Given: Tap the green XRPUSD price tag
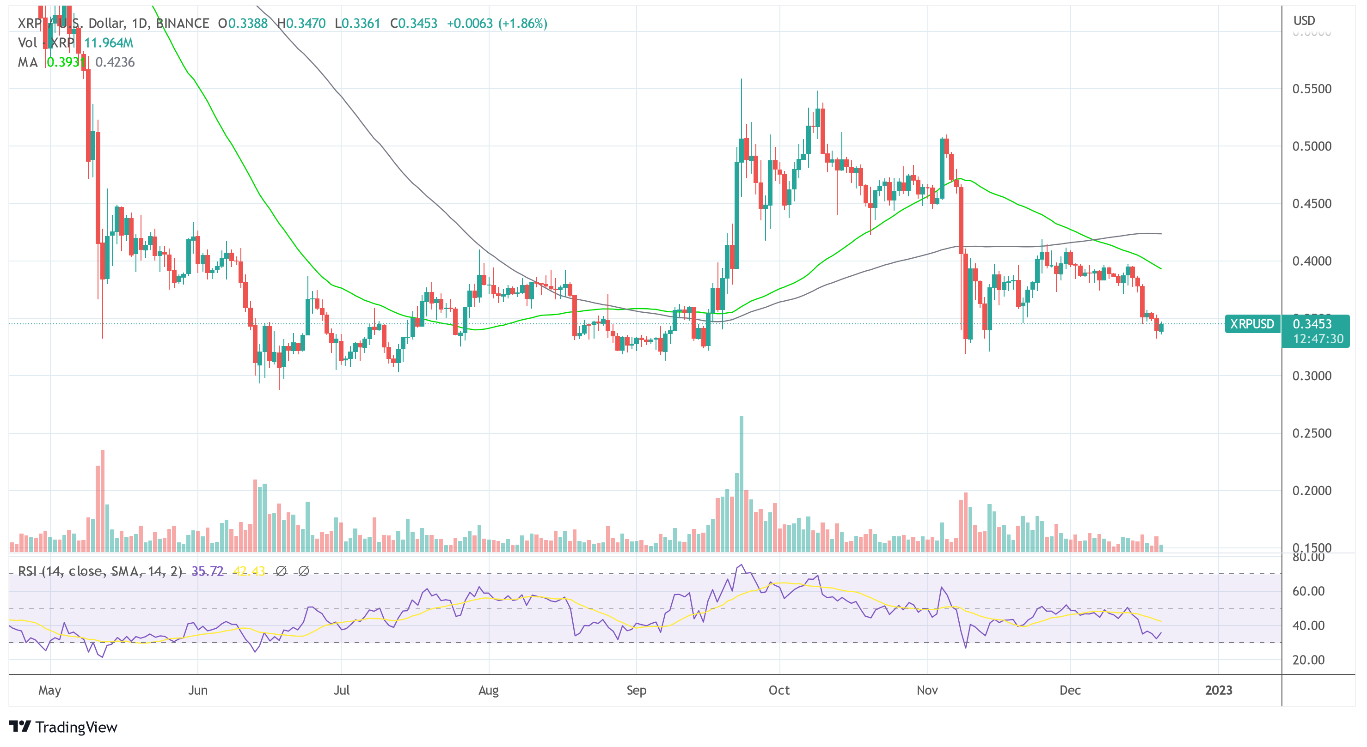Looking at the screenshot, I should [1252, 324].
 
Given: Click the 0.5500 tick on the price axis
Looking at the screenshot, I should [1311, 89].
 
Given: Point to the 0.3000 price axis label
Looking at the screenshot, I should [1311, 376].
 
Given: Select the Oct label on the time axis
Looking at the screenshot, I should [779, 690].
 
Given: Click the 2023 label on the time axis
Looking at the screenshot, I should [1219, 690].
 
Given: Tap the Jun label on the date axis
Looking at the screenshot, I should [197, 690].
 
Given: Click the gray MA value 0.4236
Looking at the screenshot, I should [115, 62].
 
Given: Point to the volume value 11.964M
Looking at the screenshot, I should [109, 43].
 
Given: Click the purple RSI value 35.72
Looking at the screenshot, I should [207, 571].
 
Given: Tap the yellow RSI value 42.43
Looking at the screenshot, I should [249, 571].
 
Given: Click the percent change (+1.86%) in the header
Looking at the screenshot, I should [523, 23].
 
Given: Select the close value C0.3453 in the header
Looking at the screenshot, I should [414, 23].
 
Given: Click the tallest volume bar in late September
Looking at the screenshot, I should [742, 482].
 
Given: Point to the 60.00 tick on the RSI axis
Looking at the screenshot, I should [1308, 591].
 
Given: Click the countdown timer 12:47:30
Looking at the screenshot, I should [1318, 339].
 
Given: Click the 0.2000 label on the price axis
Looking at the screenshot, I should [1311, 491].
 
